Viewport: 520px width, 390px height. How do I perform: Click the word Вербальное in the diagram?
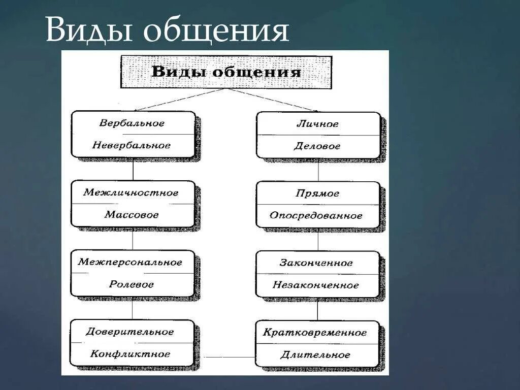point(132,123)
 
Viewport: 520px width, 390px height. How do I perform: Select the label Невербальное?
point(132,145)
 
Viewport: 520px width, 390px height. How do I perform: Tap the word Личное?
point(317,124)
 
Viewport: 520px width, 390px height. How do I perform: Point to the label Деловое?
point(317,146)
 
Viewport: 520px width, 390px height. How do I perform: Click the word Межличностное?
point(131,193)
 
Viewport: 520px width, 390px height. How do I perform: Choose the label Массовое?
point(132,215)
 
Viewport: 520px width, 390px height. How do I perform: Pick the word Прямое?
point(317,193)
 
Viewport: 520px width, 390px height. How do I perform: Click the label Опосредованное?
point(316,216)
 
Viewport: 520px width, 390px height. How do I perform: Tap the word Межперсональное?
point(130,263)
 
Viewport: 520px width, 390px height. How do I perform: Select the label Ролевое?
point(131,284)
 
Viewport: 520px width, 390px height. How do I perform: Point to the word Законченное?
point(316,263)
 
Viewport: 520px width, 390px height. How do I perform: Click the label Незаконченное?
point(316,285)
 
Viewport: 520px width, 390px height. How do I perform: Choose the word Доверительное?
point(130,332)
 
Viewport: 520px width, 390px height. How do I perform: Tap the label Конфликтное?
point(131,354)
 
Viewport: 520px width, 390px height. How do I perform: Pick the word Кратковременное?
point(315,333)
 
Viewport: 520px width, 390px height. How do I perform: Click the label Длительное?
point(315,355)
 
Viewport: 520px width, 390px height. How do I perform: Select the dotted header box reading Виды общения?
point(226,72)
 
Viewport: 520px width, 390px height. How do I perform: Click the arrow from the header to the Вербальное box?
point(178,100)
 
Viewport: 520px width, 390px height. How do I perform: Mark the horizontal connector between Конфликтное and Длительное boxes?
point(224,356)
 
